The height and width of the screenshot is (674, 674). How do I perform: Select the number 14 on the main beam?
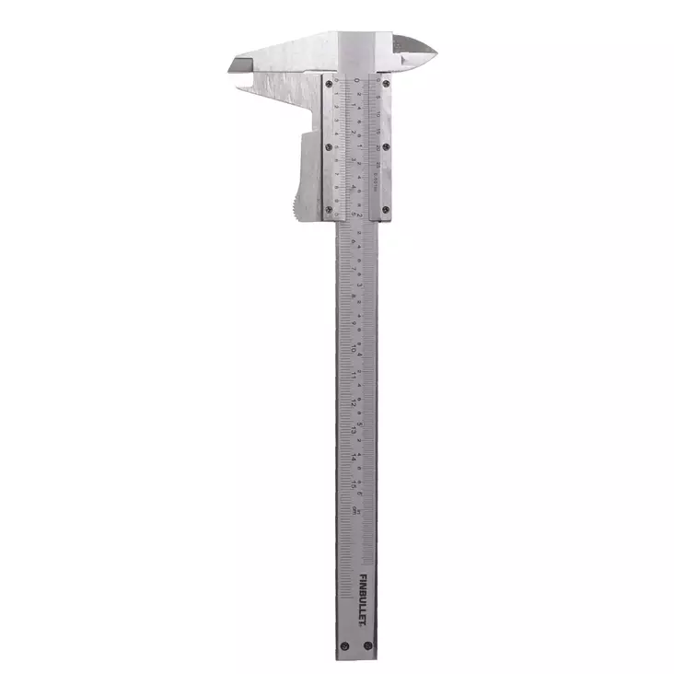355,455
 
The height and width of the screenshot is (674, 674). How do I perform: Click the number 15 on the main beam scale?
355,482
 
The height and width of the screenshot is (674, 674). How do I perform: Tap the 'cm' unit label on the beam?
355,510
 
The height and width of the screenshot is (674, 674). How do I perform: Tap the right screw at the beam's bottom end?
368,646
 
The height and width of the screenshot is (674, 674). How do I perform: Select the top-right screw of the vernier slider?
386,84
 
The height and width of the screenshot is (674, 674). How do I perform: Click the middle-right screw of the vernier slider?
386,146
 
